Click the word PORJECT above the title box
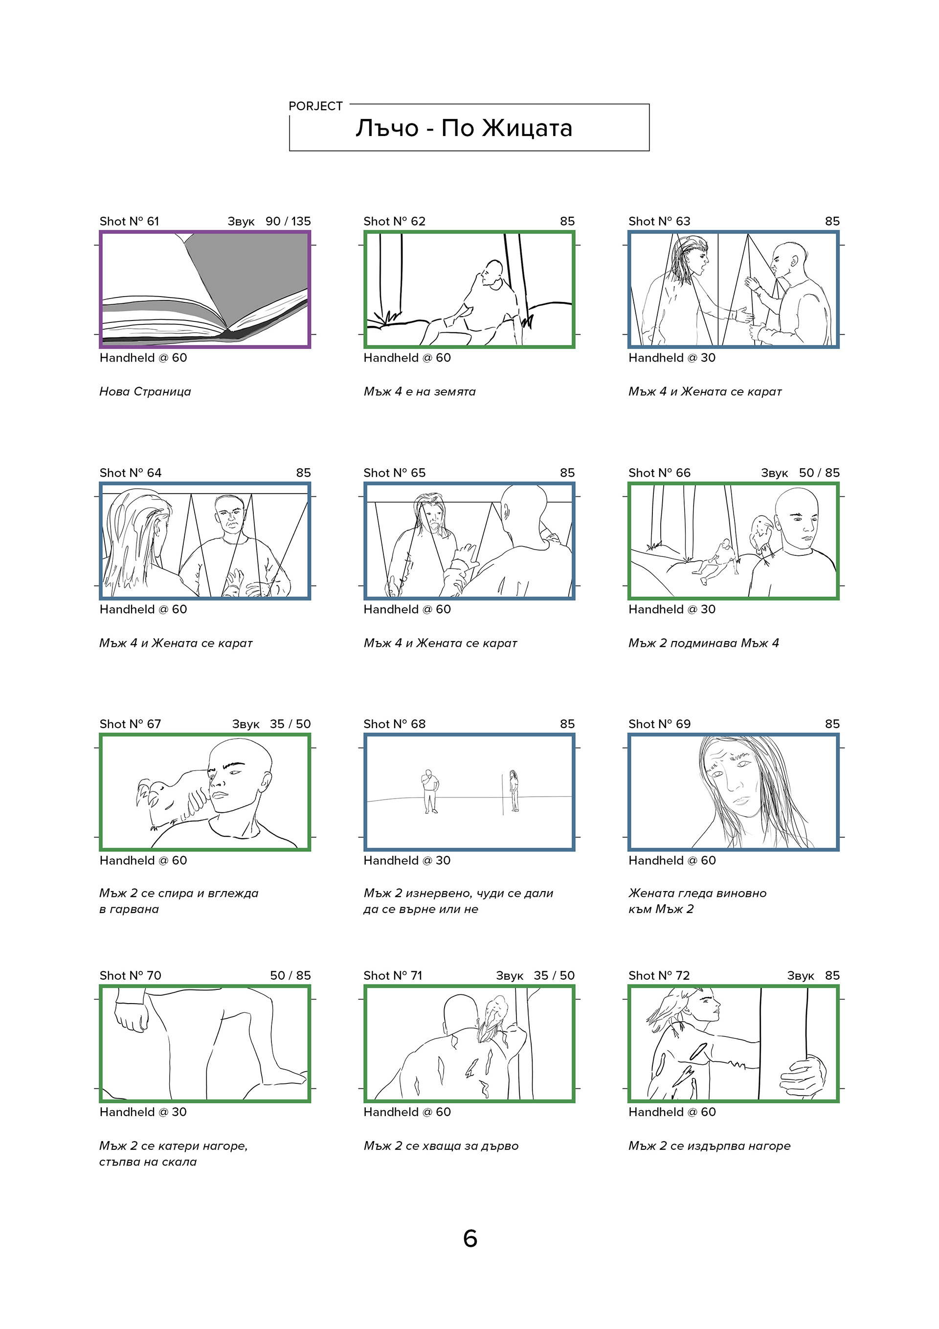[315, 106]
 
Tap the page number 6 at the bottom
[470, 1238]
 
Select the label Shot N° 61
[129, 221]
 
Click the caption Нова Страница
[145, 391]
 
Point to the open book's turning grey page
[249, 278]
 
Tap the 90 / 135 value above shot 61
[288, 221]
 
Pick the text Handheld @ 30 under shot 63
[671, 358]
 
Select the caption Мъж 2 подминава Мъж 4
[704, 643]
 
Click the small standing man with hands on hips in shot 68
[429, 791]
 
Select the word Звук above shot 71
[510, 975]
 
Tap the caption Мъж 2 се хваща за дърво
[441, 1146]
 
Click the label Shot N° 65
[394, 473]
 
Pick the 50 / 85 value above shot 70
[291, 975]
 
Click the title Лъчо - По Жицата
[464, 128]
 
